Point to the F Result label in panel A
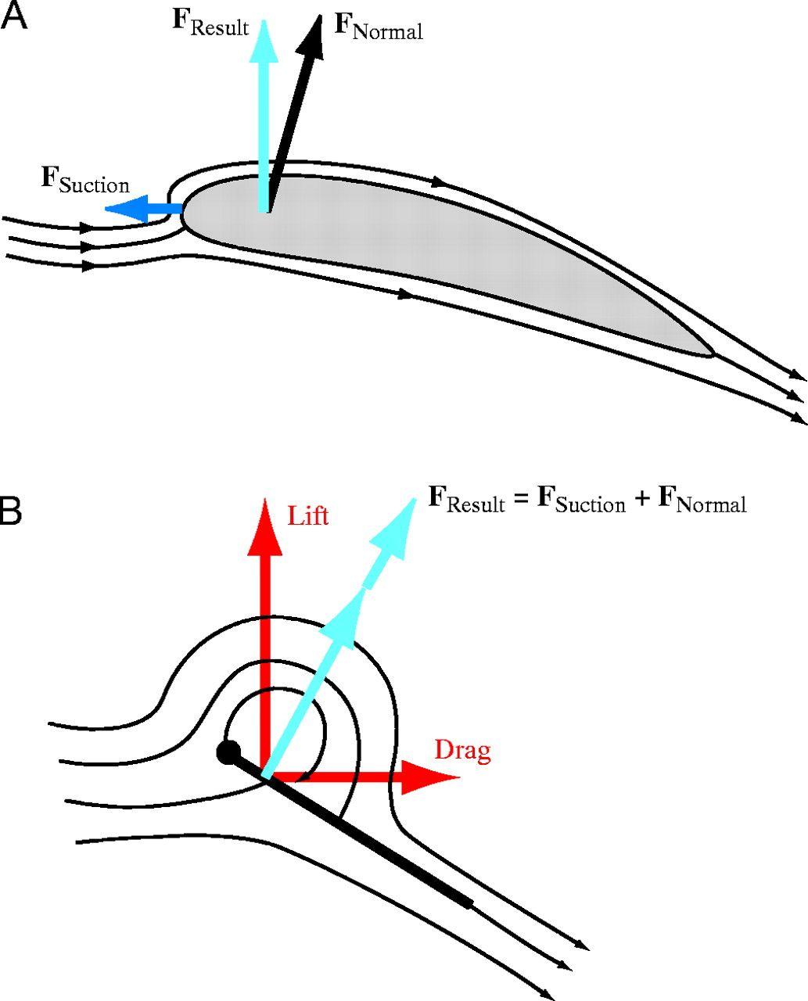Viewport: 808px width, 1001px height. (x=210, y=23)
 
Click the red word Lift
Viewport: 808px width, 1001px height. (x=308, y=516)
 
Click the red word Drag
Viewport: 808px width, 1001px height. (x=462, y=751)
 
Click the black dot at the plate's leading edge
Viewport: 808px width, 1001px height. (x=228, y=752)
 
